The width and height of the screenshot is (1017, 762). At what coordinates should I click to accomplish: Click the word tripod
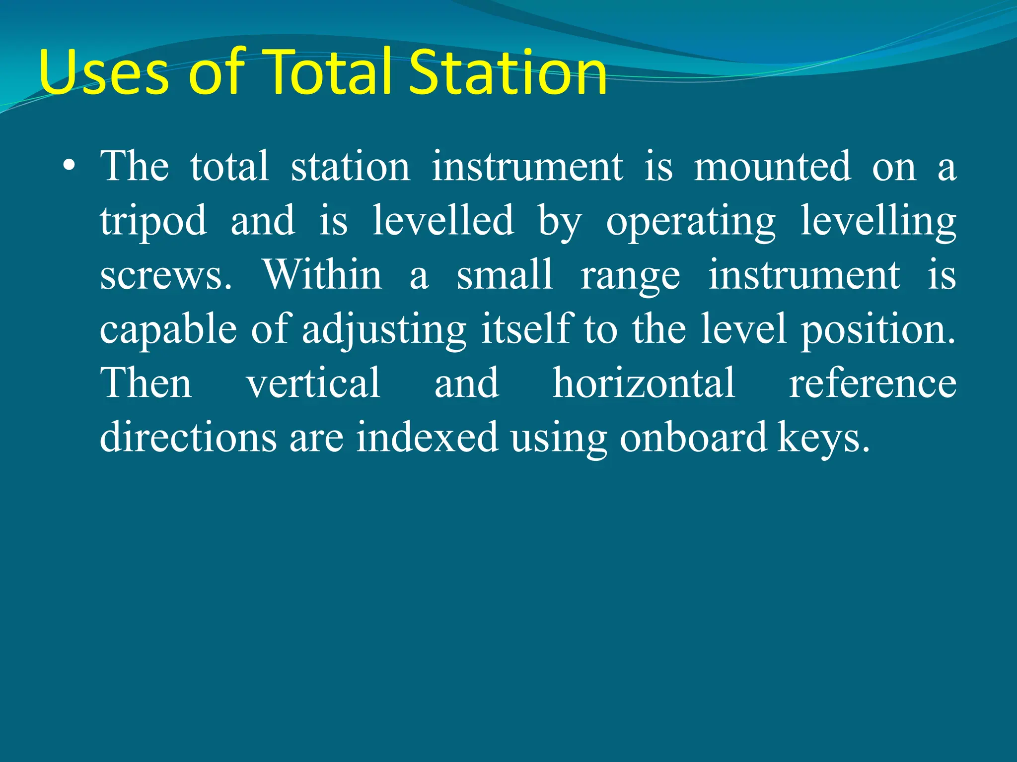153,222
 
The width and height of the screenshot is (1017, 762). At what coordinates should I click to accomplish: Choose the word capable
168,329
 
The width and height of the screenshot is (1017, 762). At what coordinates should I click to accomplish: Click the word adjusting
384,330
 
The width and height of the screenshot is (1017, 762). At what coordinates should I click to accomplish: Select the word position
878,330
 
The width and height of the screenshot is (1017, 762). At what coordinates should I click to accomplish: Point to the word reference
872,384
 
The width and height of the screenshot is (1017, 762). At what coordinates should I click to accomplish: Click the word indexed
427,437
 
